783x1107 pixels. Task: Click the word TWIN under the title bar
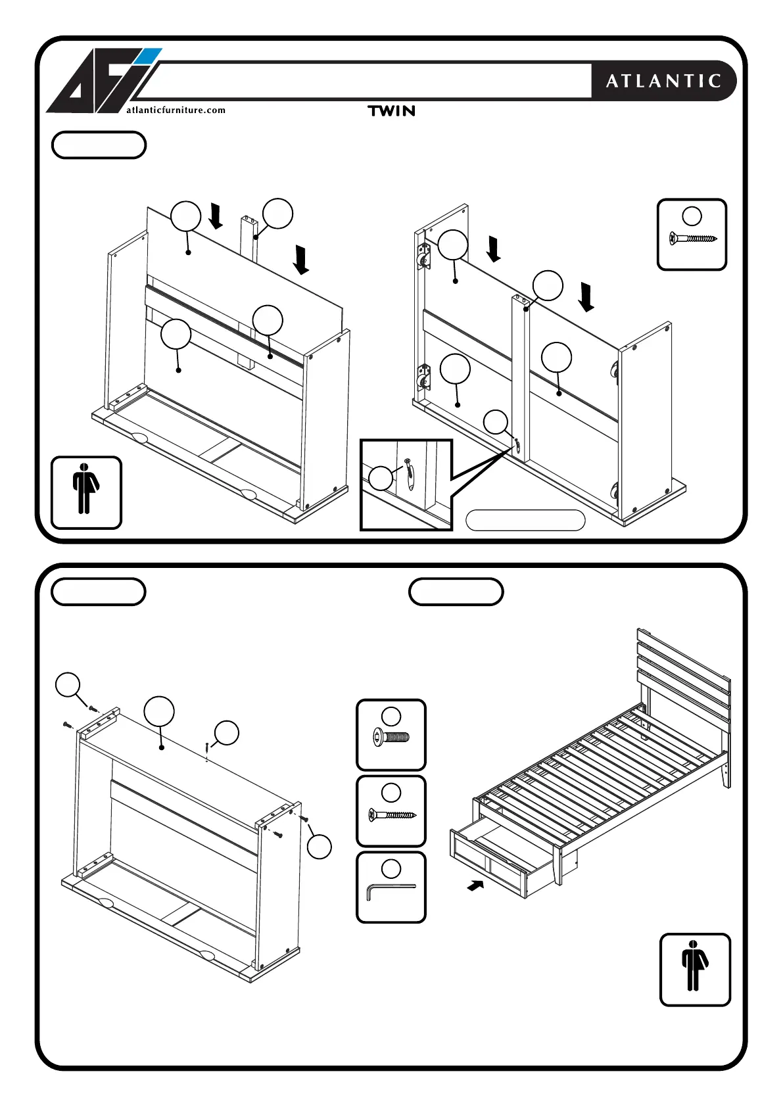point(392,111)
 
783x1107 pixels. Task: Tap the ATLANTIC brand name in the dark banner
point(663,81)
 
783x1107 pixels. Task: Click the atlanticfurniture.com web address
point(176,110)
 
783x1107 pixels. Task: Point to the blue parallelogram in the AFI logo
point(149,56)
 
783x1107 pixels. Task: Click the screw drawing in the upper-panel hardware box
point(692,239)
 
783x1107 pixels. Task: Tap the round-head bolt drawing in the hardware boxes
point(391,738)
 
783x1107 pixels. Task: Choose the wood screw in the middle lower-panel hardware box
point(392,816)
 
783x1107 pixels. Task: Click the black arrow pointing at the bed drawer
point(475,885)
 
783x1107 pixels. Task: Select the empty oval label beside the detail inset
point(525,520)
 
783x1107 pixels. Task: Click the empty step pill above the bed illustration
point(456,592)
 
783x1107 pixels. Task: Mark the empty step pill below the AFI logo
point(99,145)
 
